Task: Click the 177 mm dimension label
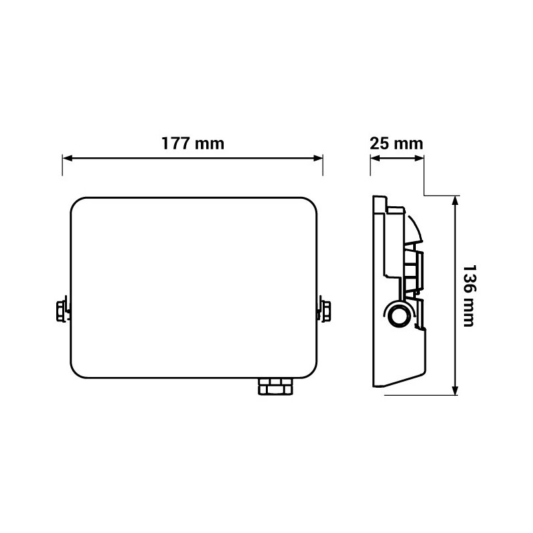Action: [x=193, y=143]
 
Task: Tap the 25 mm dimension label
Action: [x=396, y=143]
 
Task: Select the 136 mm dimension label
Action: [x=469, y=295]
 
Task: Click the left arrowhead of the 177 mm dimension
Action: [x=68, y=158]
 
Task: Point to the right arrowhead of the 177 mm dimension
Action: [x=318, y=158]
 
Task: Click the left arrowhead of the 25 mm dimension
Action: [x=375, y=158]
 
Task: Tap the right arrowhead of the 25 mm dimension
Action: [x=419, y=158]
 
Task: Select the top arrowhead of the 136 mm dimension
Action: [x=455, y=201]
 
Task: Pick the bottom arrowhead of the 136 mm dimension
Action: [x=455, y=390]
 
